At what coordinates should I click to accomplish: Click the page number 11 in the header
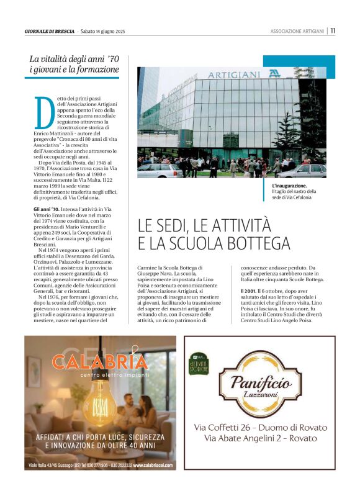click(333, 30)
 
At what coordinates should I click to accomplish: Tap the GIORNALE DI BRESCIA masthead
click(50, 31)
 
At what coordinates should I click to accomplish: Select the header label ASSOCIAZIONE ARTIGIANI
click(297, 31)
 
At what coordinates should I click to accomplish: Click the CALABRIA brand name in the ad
click(99, 362)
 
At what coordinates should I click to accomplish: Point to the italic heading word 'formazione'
click(92, 70)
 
